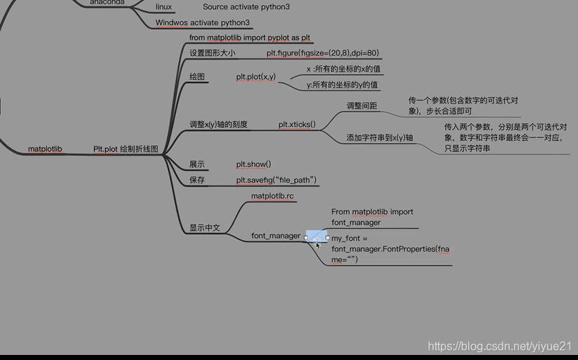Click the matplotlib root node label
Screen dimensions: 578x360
[45, 149]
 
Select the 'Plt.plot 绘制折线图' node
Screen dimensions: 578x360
[126, 149]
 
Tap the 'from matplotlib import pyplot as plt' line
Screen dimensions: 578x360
[250, 37]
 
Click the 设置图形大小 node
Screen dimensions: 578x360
[212, 53]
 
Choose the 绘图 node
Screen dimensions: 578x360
[197, 76]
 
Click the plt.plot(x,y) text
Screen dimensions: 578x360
[256, 76]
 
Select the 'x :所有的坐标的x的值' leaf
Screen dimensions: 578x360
[343, 69]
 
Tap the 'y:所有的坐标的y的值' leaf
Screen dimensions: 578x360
[343, 85]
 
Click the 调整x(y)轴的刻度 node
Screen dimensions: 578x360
[218, 124]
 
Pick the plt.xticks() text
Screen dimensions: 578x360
[297, 124]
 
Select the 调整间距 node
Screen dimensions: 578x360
[362, 106]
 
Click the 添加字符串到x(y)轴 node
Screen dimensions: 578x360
[380, 137]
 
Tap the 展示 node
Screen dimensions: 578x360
[197, 165]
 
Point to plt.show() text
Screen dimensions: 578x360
[253, 165]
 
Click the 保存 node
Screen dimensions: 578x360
[197, 180]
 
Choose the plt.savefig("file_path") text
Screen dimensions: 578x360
[276, 180]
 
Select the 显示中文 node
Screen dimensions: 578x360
[205, 228]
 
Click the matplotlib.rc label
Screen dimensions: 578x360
[272, 196]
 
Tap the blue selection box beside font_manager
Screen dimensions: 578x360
[317, 236]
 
